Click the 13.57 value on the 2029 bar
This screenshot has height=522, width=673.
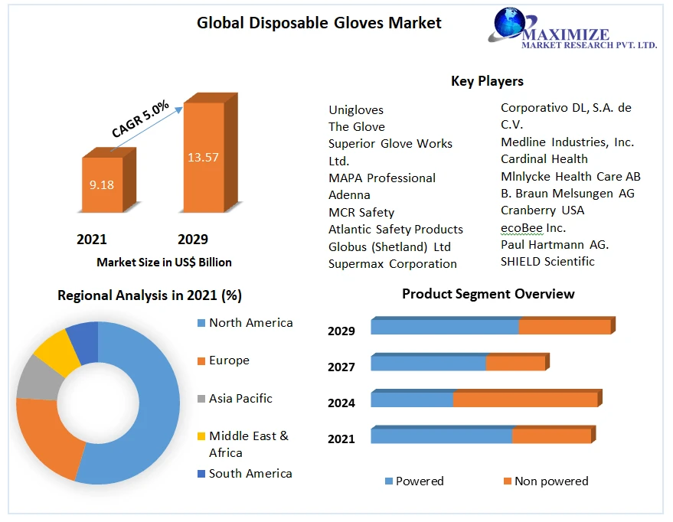tap(203, 158)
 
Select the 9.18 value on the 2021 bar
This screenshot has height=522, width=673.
tap(102, 184)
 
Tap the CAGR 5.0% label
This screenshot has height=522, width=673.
tap(140, 119)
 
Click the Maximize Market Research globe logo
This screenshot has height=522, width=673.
tap(507, 24)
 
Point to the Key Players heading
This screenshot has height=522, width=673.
tap(487, 80)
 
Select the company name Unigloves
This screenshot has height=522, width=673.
tap(356, 109)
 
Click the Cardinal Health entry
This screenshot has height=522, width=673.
tap(544, 158)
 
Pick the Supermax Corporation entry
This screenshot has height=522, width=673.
tap(393, 263)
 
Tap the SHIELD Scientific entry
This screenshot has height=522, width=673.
tap(547, 261)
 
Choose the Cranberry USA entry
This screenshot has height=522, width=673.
tap(542, 210)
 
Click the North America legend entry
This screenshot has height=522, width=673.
tap(250, 323)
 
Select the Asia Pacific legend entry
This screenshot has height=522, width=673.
tap(240, 398)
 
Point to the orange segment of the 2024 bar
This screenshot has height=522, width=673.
tap(525, 400)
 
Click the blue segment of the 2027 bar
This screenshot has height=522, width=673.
tap(428, 363)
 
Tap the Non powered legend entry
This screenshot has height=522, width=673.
tap(551, 481)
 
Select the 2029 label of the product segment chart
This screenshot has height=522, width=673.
tap(341, 331)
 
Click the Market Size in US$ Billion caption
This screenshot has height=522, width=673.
tap(164, 262)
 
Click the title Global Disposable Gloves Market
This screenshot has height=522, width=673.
tap(319, 23)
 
